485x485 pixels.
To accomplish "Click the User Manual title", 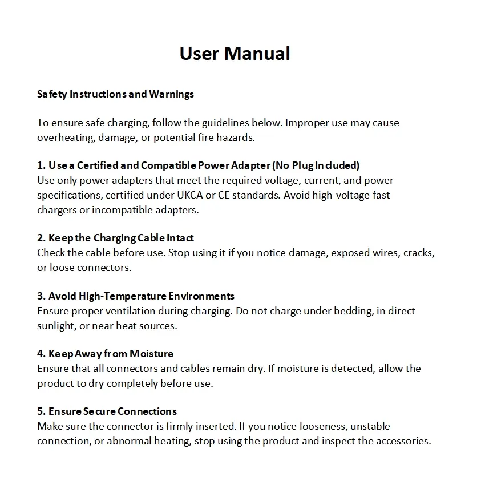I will pyautogui.click(x=235, y=54).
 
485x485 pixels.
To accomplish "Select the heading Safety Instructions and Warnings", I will pyautogui.click(x=115, y=94).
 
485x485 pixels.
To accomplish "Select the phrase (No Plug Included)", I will pyautogui.click(x=316, y=166).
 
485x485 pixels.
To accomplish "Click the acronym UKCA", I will pyautogui.click(x=192, y=195).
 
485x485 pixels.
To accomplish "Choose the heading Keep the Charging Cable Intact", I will pyautogui.click(x=115, y=238).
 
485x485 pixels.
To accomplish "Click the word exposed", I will pyautogui.click(x=349, y=253).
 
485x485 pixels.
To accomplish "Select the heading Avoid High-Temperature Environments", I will pyautogui.click(x=136, y=296).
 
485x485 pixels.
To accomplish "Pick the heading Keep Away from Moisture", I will pyautogui.click(x=106, y=354).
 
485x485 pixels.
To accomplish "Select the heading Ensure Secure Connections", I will pyautogui.click(x=107, y=411).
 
